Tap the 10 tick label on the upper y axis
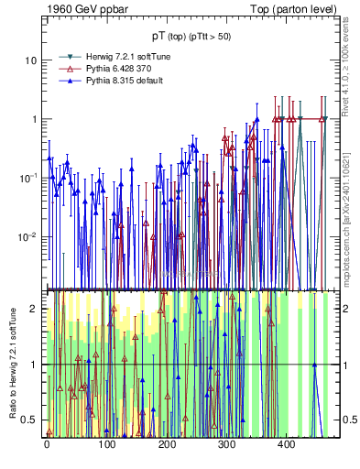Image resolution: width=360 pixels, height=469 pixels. pos(29,60)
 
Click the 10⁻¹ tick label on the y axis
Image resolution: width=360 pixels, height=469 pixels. pos(27,177)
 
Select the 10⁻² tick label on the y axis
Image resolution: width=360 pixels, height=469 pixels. pos(27,236)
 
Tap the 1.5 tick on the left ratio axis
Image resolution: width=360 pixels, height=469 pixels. pos(30,337)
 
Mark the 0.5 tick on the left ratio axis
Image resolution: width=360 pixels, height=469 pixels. pos(30,420)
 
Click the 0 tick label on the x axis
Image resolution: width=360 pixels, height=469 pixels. pos(47,444)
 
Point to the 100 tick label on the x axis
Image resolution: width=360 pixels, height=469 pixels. pos(106,444)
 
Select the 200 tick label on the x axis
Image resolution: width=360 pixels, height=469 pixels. pos(166,444)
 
